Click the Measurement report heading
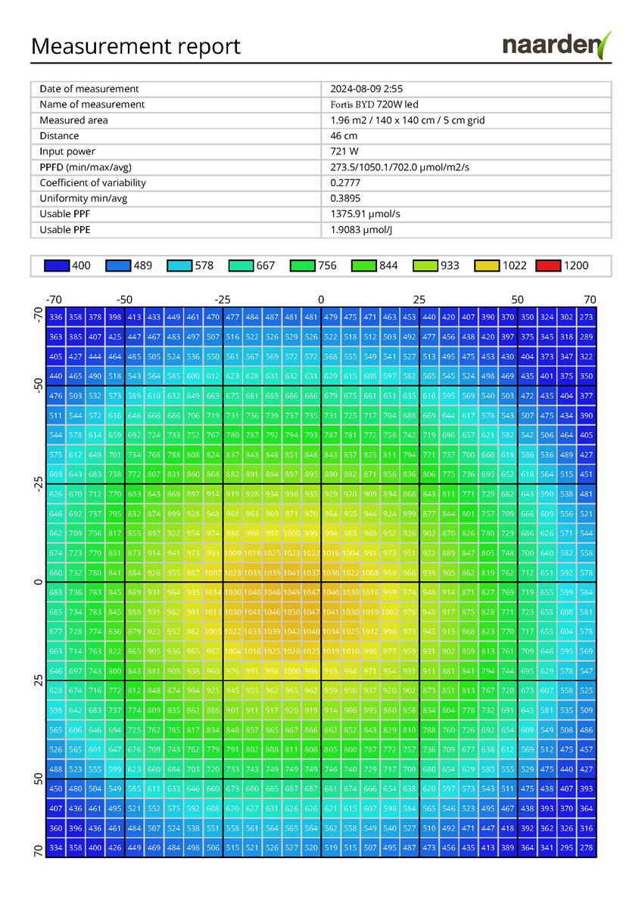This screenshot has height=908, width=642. [x=136, y=46]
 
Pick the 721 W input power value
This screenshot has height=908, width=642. [x=344, y=151]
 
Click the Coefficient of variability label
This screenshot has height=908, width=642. [x=92, y=183]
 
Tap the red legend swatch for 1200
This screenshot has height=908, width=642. [x=549, y=266]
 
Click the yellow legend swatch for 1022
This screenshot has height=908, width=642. [x=488, y=266]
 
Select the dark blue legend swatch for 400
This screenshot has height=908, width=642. [x=57, y=266]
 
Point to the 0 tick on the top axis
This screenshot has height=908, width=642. [x=321, y=299]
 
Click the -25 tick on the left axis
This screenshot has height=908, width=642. [x=39, y=483]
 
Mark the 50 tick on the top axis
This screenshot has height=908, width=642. [x=518, y=299]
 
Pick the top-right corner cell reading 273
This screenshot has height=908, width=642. [x=587, y=317]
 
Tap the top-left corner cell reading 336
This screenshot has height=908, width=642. [x=55, y=317]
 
